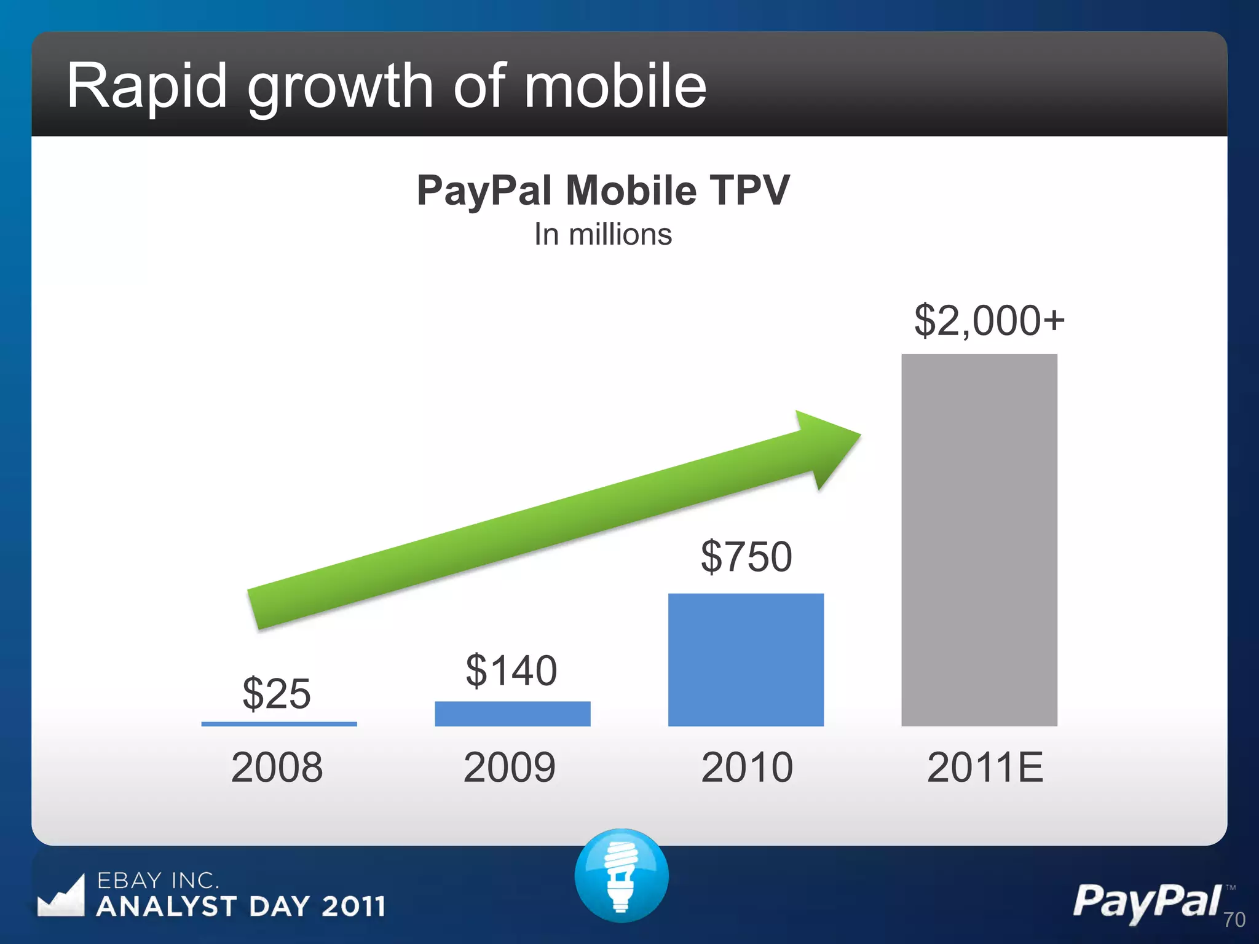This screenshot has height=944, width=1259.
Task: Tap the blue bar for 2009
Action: (512, 714)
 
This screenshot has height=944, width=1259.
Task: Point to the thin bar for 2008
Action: (279, 724)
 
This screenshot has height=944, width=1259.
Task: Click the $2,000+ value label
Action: (989, 320)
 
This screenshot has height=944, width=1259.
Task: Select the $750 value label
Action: (746, 556)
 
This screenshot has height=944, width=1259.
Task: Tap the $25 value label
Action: (277, 693)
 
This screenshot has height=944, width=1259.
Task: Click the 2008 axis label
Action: (277, 767)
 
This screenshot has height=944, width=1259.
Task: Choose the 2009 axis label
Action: (510, 767)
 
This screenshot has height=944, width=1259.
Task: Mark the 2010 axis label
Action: (746, 767)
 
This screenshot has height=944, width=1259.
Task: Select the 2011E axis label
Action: (985, 767)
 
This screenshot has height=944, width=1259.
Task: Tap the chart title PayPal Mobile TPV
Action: (602, 191)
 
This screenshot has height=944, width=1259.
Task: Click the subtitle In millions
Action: (602, 234)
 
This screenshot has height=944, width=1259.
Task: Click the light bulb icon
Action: (622, 875)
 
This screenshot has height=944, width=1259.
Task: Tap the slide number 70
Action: (1234, 919)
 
